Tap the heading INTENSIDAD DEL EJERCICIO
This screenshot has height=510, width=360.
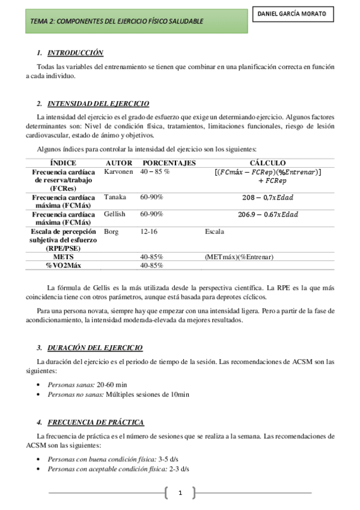[98, 103]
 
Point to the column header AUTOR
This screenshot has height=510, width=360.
[118, 163]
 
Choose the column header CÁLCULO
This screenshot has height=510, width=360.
[268, 163]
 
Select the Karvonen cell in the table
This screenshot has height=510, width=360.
[118, 171]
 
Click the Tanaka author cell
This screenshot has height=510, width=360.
[115, 197]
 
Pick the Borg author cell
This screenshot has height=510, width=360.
[111, 231]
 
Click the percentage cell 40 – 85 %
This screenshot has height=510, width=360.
[155, 171]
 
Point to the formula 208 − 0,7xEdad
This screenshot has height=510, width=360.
[268, 197]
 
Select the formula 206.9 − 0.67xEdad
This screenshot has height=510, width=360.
[268, 214]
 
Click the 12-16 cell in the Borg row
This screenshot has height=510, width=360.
[149, 231]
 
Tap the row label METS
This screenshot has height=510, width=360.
[63, 257]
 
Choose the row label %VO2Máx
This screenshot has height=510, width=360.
[63, 265]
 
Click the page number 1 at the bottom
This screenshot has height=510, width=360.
[180, 494]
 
